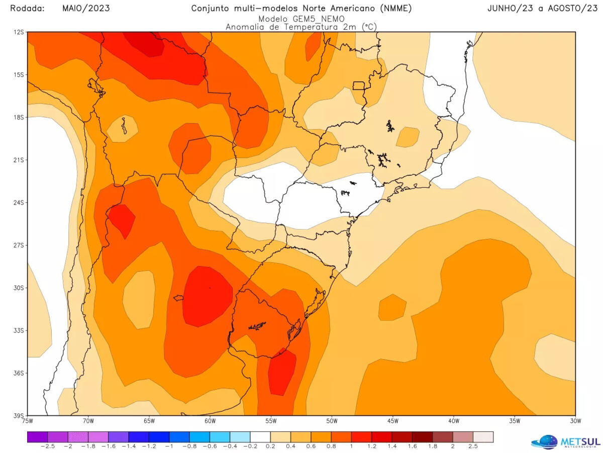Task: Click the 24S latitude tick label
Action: coord(19,202)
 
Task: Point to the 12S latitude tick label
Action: coord(19,32)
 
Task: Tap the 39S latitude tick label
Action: coord(19,415)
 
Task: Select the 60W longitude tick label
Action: coord(210,421)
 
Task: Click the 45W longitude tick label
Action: coord(393,421)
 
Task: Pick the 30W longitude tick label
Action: coord(575,421)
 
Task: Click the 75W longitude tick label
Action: coord(28,421)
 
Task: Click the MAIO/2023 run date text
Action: coord(86,8)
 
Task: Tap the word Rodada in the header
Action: coord(27,8)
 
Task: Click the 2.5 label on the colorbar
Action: coord(473,446)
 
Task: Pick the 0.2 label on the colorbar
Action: coord(270,446)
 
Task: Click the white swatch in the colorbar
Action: coord(260,437)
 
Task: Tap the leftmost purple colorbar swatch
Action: coord(37,437)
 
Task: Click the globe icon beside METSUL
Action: coord(545,442)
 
